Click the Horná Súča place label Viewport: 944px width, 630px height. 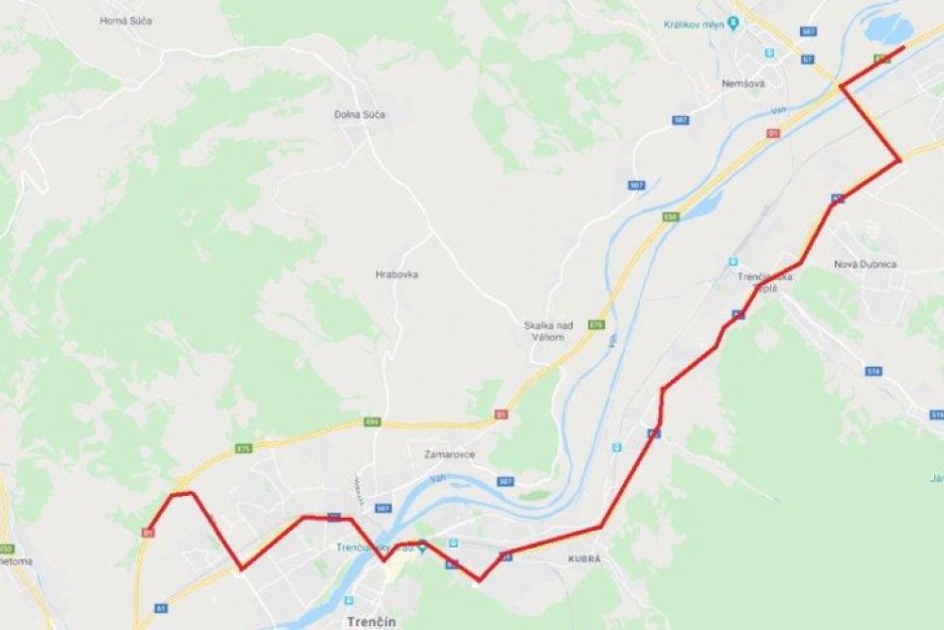coord(126,21)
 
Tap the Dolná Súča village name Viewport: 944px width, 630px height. coord(360,115)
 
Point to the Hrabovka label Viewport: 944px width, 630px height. coord(396,274)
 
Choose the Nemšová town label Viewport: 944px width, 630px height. coord(743,83)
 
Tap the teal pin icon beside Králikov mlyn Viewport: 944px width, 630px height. coord(733,21)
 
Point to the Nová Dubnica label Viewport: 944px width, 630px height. coord(865,264)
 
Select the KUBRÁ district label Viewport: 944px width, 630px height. coord(584,559)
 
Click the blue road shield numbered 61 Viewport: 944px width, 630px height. coord(160,607)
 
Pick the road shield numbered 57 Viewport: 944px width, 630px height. coord(806,59)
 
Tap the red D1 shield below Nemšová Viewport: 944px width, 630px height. coord(773,133)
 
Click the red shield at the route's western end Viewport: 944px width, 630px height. coord(148,533)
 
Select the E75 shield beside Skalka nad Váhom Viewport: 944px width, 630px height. coord(596,325)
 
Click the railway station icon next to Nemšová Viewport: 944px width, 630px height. coord(769,52)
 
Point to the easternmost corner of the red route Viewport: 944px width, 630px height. coord(900,160)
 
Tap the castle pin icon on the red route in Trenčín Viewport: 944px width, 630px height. coord(422,546)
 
